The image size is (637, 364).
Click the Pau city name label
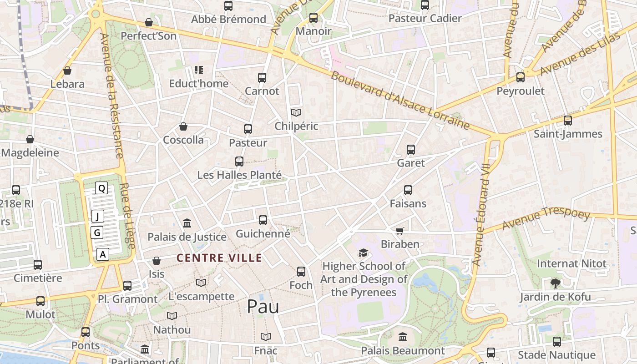[263, 307]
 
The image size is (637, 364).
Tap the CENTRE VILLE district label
[219, 258]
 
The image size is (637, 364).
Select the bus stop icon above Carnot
[262, 78]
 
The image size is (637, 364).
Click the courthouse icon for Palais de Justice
[187, 223]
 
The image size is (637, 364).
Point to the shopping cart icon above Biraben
[400, 231]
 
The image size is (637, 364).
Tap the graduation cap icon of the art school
[363, 253]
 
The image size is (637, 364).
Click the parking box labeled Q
[101, 188]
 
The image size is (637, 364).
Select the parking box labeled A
[103, 254]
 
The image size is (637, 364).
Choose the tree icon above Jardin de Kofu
[555, 283]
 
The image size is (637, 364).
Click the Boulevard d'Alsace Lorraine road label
[400, 100]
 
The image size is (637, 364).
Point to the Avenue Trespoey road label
[546, 220]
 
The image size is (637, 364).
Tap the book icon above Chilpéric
[296, 112]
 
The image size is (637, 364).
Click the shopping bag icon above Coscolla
[183, 126]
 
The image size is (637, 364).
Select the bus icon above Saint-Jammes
[568, 121]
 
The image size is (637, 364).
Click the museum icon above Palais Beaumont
[403, 337]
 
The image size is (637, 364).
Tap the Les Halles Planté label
[239, 175]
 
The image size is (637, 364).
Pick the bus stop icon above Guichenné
[263, 220]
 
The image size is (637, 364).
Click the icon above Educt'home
[199, 70]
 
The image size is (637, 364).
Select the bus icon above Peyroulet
[521, 77]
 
